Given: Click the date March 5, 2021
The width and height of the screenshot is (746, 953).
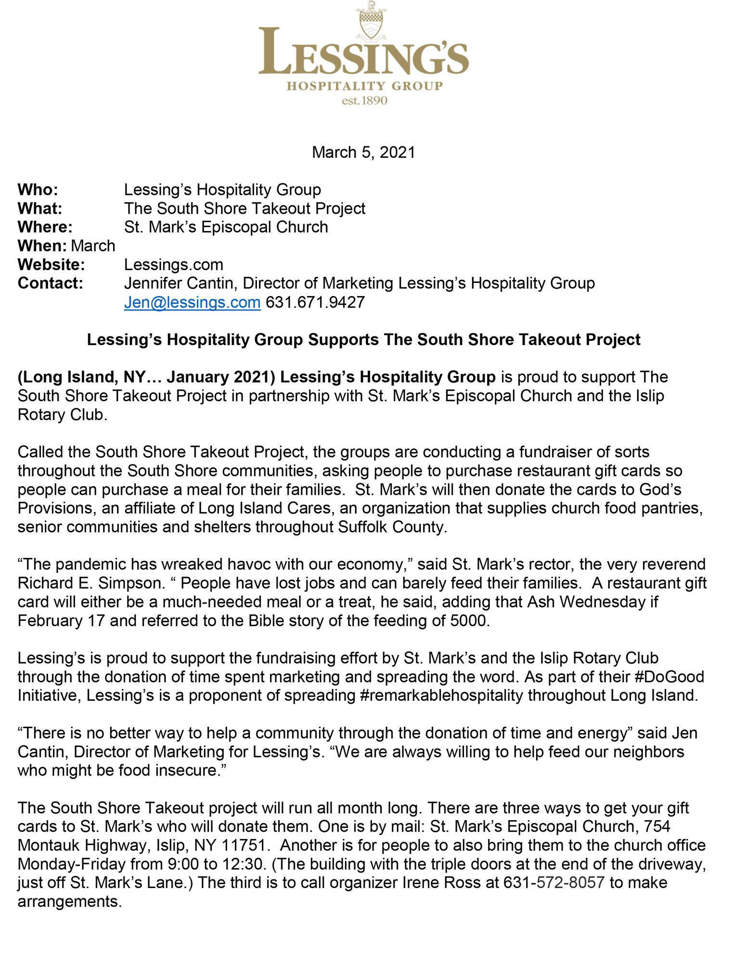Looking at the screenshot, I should click(363, 152).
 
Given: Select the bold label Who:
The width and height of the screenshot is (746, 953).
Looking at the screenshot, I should click(38, 190).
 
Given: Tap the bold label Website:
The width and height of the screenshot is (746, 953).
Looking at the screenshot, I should click(51, 265).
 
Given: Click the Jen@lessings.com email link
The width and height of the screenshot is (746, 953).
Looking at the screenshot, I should click(192, 302).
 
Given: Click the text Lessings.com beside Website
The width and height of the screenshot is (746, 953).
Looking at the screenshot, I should click(173, 265).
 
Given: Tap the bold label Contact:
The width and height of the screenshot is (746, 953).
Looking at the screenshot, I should click(50, 283).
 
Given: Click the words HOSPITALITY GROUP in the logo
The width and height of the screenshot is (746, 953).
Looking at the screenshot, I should click(364, 87).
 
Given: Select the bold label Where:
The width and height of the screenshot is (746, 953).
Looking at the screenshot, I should click(45, 227).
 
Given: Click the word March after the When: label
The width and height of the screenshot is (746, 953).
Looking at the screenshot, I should click(93, 246).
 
